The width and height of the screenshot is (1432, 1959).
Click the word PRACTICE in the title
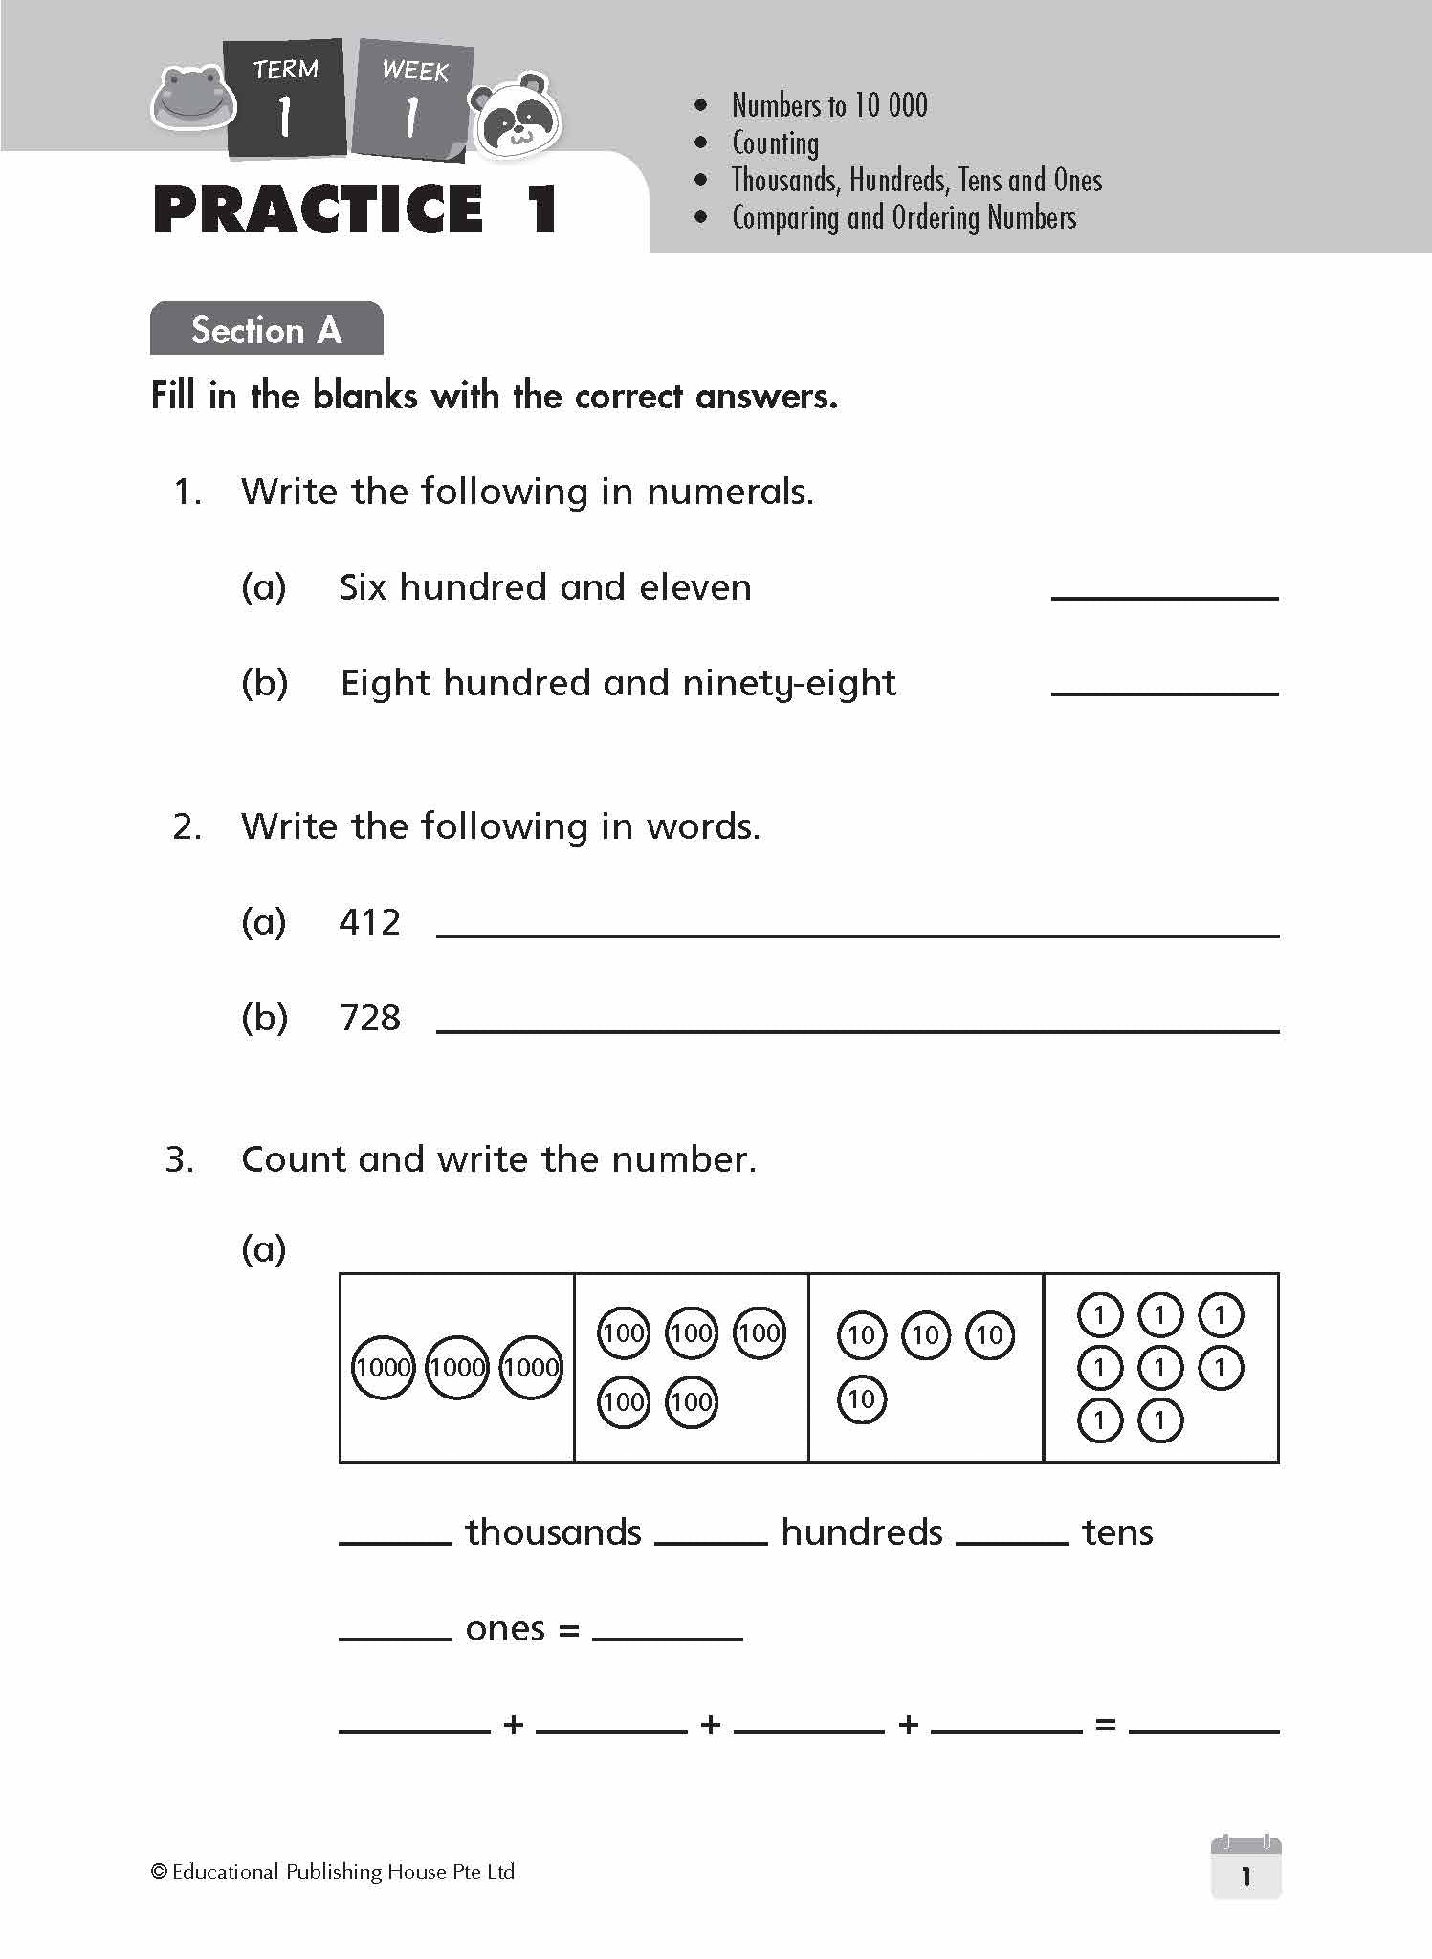click(319, 209)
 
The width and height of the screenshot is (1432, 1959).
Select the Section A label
click(266, 330)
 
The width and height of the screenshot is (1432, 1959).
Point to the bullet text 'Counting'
click(775, 143)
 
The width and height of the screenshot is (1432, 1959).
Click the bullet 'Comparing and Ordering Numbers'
click(903, 218)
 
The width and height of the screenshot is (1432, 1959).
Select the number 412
click(369, 923)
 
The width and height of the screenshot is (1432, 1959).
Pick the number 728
click(369, 1019)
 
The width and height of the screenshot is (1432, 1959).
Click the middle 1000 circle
click(456, 1368)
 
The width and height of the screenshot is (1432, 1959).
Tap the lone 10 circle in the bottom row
click(861, 1400)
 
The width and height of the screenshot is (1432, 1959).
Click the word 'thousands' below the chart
click(553, 1533)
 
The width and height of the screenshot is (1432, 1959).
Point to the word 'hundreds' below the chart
click(861, 1533)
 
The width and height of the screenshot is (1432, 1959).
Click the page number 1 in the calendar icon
click(1245, 1877)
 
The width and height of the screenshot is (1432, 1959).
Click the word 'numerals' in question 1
click(728, 492)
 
